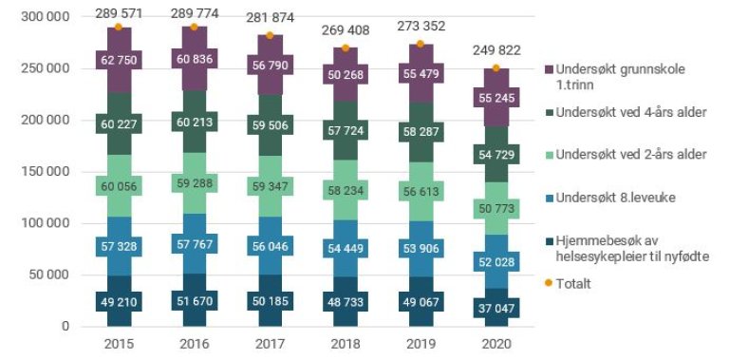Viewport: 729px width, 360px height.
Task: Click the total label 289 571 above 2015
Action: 119,12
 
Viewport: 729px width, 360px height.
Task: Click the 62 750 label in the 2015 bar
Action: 119,60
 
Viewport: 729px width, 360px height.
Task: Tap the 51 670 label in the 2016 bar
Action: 194,301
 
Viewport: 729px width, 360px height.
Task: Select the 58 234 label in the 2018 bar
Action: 344,190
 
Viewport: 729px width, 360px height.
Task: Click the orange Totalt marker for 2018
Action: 344,47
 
